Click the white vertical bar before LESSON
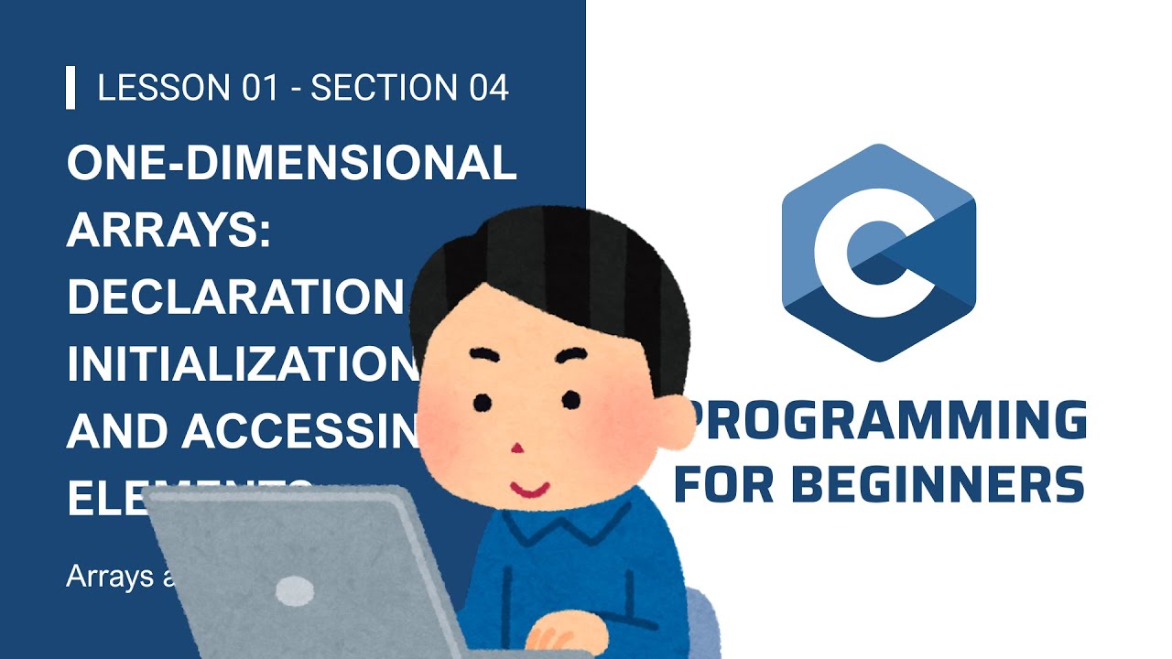point(71,88)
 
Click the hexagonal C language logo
point(879,252)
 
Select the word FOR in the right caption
point(722,485)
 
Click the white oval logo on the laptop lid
point(295,590)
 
